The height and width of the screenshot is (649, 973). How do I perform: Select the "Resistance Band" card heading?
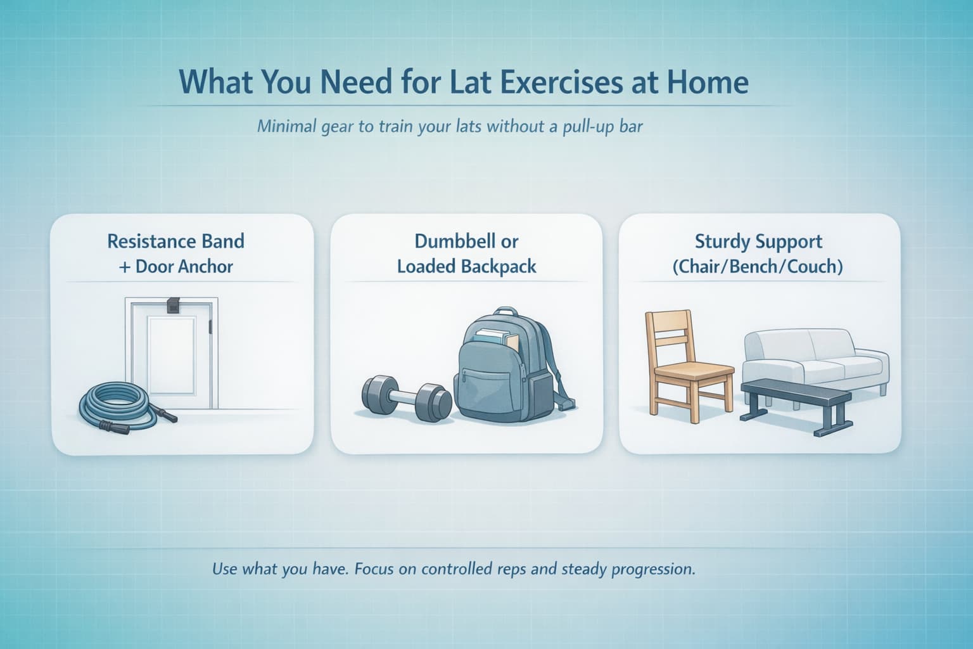(175, 241)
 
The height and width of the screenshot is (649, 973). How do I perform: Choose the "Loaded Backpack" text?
(466, 266)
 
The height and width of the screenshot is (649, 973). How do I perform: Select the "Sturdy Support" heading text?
(758, 241)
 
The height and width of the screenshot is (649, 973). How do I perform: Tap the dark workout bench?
(796, 396)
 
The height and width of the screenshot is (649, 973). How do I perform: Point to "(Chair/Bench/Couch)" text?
(758, 266)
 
